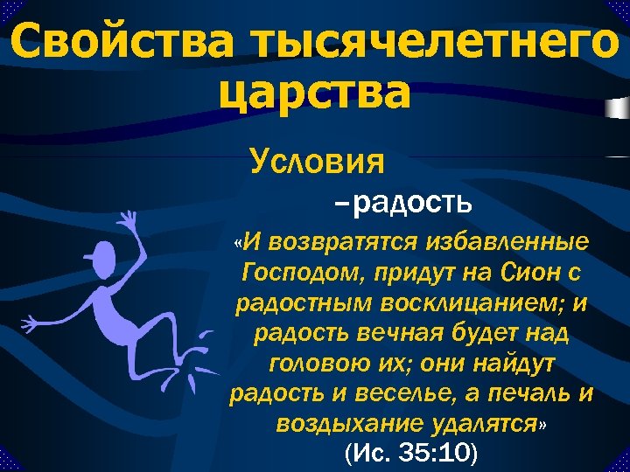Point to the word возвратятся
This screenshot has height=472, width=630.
(x=334, y=240)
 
